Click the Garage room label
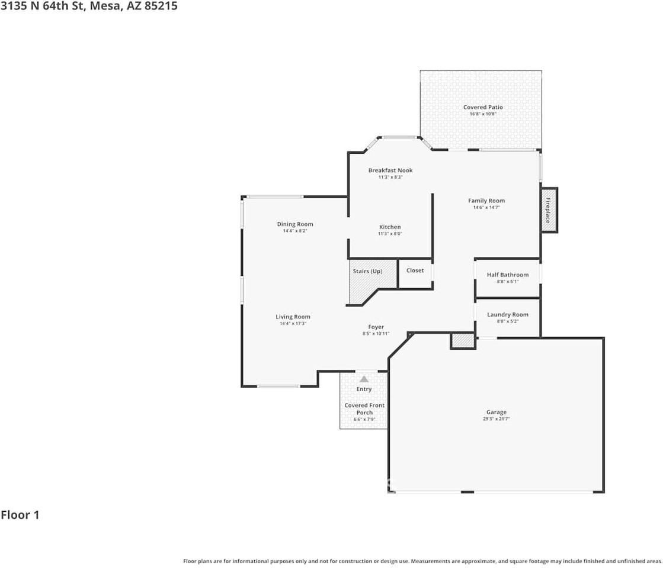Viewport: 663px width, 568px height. (x=496, y=412)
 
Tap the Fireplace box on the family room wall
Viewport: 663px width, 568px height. (x=549, y=210)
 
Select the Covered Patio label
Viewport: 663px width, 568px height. (x=483, y=107)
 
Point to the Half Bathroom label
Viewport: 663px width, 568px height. (x=507, y=275)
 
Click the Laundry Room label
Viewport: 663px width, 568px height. (x=507, y=314)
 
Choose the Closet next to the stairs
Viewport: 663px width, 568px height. (x=415, y=273)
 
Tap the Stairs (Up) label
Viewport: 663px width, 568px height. (x=367, y=271)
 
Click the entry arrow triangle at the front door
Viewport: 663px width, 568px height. (x=364, y=379)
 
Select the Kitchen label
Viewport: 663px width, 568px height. (x=390, y=227)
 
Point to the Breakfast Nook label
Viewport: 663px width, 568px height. (x=390, y=170)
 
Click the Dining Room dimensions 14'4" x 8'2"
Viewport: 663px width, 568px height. (x=294, y=231)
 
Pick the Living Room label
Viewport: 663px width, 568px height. (x=293, y=317)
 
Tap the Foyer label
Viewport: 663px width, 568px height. (x=376, y=327)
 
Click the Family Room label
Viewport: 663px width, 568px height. (x=486, y=201)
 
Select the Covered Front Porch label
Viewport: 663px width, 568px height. (x=364, y=409)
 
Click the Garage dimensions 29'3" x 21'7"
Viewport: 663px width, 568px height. (x=497, y=419)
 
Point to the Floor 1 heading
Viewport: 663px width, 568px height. (x=20, y=515)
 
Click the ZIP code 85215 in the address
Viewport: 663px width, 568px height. (x=161, y=6)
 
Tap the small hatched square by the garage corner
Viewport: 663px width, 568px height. (x=463, y=341)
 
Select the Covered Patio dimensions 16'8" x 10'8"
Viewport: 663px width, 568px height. (x=483, y=114)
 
